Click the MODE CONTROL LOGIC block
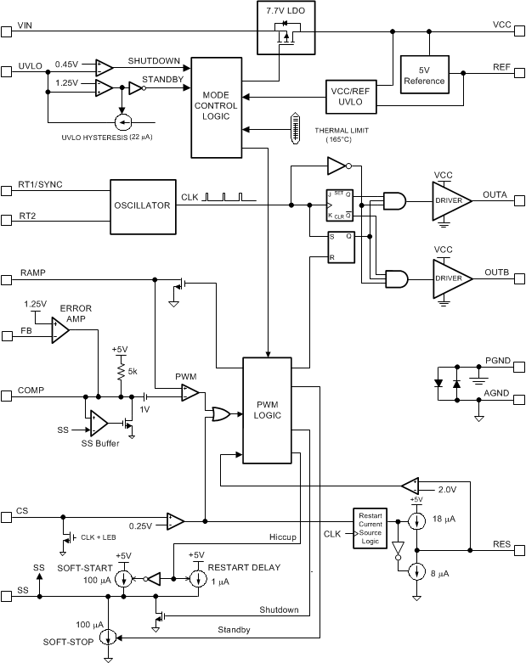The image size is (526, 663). [x=216, y=107]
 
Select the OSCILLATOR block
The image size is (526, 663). [x=142, y=205]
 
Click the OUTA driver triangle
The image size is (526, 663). [x=450, y=199]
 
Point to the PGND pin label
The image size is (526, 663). [x=497, y=361]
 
